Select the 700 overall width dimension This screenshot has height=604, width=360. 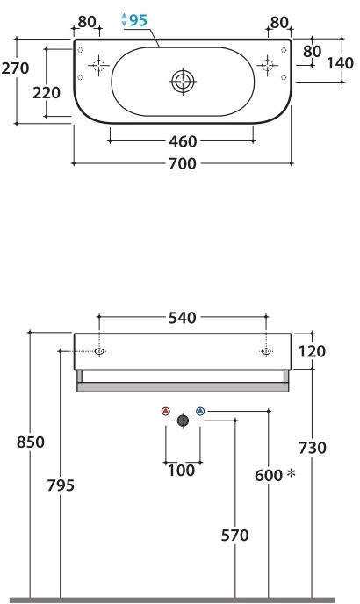pos(183,163)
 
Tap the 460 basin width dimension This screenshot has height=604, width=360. pos(183,141)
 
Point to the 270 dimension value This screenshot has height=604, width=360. pos(15,68)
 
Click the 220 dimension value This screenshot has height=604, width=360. pos(47,93)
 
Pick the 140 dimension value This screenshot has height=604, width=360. pos(340,63)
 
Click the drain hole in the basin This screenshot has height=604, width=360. pos(183,82)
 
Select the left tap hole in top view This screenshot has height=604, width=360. pos(98,65)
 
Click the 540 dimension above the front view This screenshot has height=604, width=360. pos(183,318)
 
